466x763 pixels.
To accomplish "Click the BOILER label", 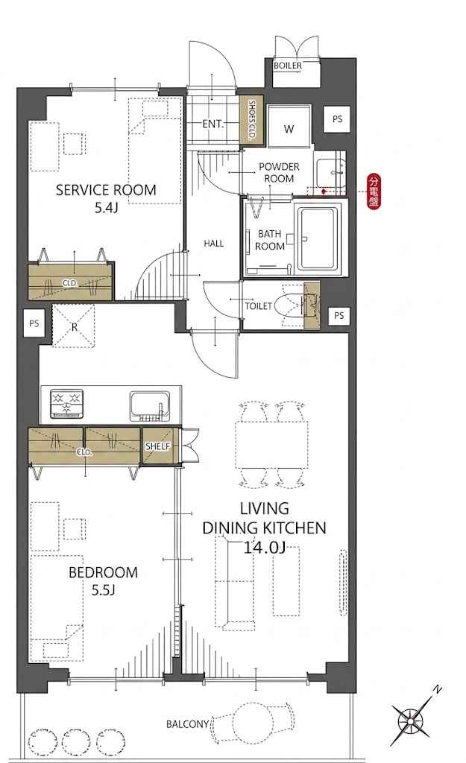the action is click(287, 66).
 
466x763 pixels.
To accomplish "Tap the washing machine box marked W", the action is click(289, 125).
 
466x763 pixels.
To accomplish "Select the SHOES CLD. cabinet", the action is click(252, 120).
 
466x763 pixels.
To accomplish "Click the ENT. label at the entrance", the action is click(212, 124).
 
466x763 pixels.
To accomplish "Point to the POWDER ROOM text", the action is click(279, 172).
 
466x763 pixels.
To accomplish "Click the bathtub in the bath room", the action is click(318, 241).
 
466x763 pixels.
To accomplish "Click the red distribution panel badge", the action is click(374, 191).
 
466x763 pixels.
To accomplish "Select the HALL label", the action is click(214, 244).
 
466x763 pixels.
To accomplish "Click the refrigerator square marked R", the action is click(75, 326).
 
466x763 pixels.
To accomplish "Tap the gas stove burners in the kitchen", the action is click(66, 405).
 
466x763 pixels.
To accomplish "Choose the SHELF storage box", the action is click(158, 446).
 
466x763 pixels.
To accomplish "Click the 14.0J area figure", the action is click(263, 548).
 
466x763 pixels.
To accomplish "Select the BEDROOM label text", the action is click(103, 572).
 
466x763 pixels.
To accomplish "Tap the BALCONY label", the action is click(187, 724).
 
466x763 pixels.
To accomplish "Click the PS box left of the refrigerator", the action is click(34, 323).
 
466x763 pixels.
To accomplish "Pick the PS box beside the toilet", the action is click(339, 316).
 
